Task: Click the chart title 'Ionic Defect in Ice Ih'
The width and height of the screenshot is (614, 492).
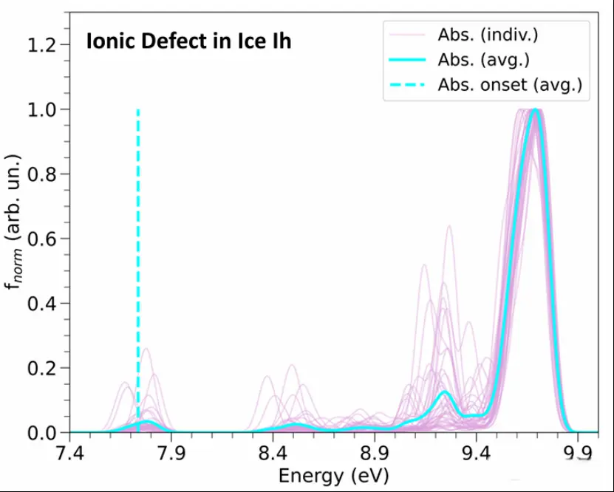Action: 188,42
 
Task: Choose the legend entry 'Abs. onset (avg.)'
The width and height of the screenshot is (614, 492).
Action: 509,85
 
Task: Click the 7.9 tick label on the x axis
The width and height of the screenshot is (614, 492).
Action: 171,452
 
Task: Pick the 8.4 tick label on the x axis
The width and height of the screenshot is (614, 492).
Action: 273,452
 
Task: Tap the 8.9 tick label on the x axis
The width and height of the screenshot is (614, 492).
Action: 375,452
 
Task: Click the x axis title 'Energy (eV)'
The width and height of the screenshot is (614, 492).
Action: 333,475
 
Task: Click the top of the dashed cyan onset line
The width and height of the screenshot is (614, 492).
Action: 138,110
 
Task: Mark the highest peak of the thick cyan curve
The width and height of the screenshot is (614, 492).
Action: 536,111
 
